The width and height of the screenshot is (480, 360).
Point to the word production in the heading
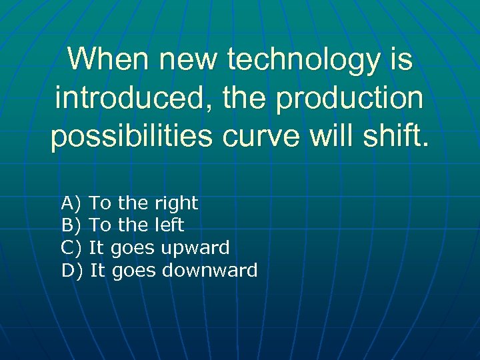[351, 99]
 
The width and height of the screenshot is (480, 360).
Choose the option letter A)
[70, 203]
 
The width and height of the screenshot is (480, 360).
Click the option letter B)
[70, 225]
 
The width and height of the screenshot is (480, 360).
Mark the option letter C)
[70, 248]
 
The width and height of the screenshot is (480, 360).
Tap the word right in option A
[176, 203]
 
